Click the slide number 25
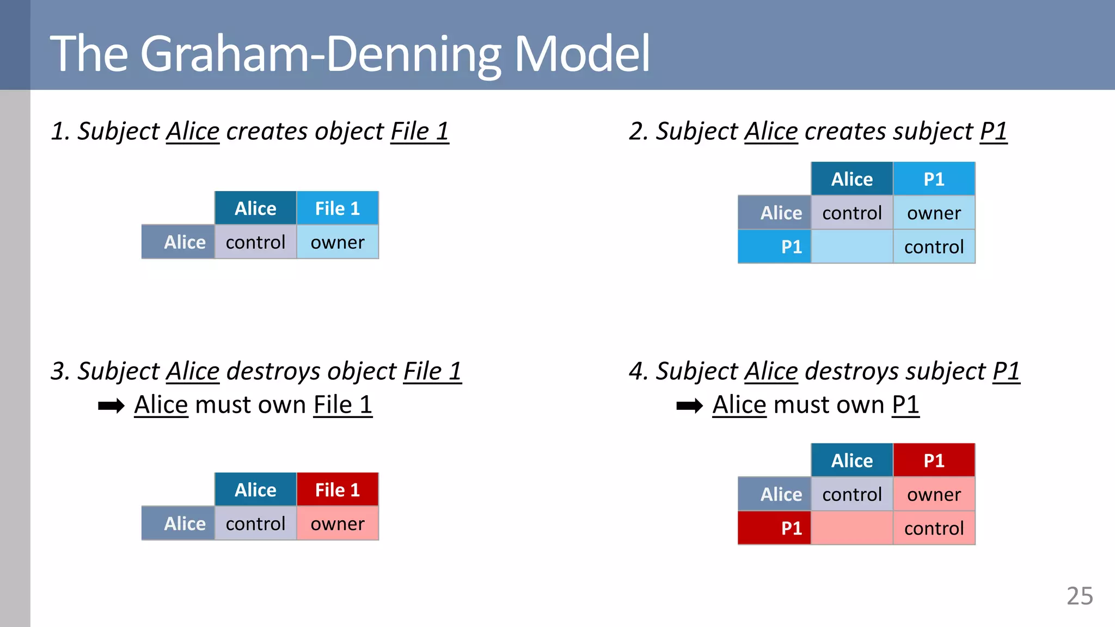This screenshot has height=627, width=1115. pyautogui.click(x=1079, y=596)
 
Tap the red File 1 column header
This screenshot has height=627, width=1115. pyautogui.click(x=337, y=490)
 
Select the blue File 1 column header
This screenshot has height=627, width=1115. pyautogui.click(x=337, y=208)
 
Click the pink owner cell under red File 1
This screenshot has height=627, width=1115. pyautogui.click(x=337, y=524)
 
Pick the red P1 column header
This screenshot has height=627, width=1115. pyautogui.click(x=934, y=460)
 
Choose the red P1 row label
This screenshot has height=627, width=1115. pyautogui.click(x=775, y=528)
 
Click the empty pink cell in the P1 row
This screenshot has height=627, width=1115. pyautogui.click(x=851, y=528)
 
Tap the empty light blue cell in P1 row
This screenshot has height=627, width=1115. pyautogui.click(x=851, y=247)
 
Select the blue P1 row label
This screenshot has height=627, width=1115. pyautogui.click(x=775, y=247)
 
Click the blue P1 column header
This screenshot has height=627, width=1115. pyautogui.click(x=934, y=179)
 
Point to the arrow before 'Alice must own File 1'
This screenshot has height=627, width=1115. pyautogui.click(x=111, y=406)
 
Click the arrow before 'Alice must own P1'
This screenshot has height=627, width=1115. pyautogui.click(x=689, y=406)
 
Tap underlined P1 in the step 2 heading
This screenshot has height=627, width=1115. pyautogui.click(x=994, y=132)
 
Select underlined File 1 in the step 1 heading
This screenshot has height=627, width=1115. pyautogui.click(x=420, y=132)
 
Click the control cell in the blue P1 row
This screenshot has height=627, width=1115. pyautogui.click(x=934, y=247)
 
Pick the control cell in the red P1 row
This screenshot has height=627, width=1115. pyautogui.click(x=934, y=528)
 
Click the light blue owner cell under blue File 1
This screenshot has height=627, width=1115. pyautogui.click(x=337, y=242)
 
